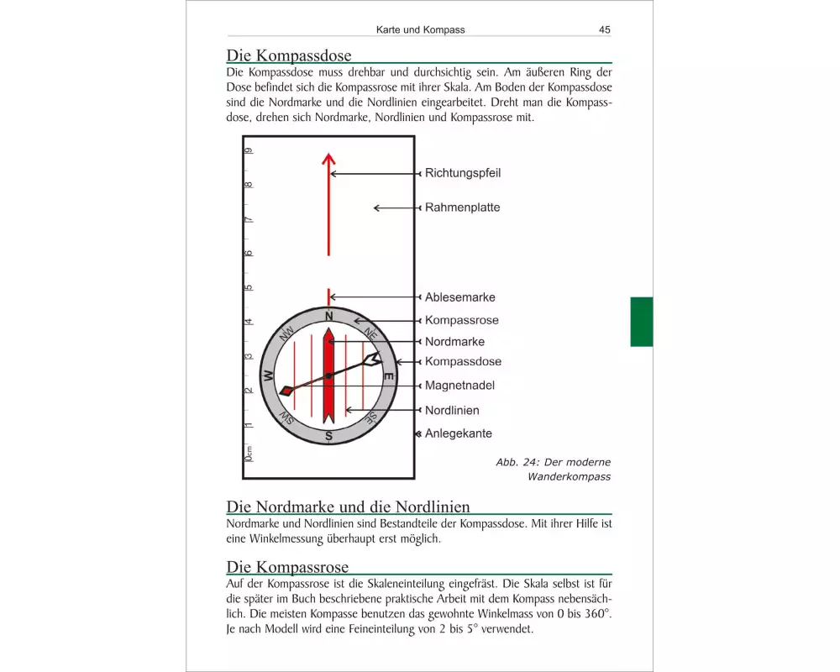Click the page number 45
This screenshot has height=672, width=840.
(604, 29)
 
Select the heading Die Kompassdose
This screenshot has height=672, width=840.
(288, 55)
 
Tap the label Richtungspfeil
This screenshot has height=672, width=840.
(463, 173)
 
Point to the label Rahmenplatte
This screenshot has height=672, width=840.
(462, 207)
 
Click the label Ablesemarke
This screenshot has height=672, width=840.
(459, 297)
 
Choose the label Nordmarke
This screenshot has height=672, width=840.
(454, 342)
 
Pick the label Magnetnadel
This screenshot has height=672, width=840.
(459, 386)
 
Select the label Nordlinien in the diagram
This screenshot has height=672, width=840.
(452, 411)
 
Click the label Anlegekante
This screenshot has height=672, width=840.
(458, 434)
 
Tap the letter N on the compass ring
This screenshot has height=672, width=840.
(329, 316)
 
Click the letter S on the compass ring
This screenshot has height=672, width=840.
(329, 436)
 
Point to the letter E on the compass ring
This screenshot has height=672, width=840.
(388, 377)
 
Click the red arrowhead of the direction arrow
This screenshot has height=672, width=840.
(328, 157)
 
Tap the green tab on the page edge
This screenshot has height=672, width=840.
(641, 321)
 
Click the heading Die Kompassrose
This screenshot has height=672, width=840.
(287, 567)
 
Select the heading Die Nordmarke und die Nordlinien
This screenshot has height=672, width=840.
(348, 507)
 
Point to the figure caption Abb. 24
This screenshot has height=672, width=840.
(553, 470)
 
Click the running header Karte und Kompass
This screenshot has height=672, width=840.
(420, 29)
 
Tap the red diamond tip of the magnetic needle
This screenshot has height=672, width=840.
(286, 391)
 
